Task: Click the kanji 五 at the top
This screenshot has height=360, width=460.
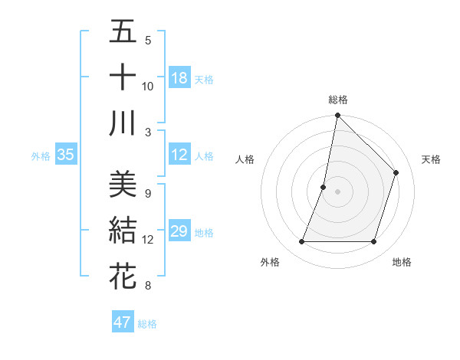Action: pos(123,32)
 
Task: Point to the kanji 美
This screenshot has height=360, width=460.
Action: pos(123,185)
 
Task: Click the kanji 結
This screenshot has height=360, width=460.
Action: pos(123,230)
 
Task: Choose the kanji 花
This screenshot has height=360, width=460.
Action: pos(123,276)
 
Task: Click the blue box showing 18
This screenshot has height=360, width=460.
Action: pos(179,78)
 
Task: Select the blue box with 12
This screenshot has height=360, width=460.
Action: pos(179,155)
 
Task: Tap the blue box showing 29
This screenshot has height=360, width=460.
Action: pos(179,231)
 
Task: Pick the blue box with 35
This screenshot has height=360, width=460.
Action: pos(65,155)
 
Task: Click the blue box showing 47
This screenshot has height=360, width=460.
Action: pos(122,322)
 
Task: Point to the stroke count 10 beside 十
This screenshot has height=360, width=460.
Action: pos(148,86)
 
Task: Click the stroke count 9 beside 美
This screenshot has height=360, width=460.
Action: pos(147,193)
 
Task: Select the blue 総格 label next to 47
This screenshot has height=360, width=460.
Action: pos(147,324)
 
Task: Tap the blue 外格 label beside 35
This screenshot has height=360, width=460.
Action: pos(41,156)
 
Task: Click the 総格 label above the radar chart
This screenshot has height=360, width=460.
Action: pos(337,100)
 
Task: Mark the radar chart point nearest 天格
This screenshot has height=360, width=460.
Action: pos(396,172)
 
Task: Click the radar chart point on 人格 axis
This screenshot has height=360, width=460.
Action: pos(324,187)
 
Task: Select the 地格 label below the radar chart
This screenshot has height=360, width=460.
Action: pos(402,262)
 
